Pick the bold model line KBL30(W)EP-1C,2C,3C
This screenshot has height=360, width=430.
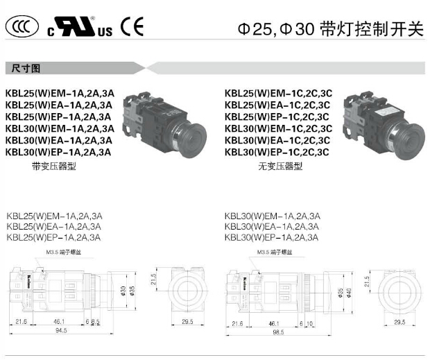coord(280,151)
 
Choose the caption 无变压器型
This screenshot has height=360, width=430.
coord(280,166)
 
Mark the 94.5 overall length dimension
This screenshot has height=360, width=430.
coord(61,331)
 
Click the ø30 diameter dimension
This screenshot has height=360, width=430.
coord(123,289)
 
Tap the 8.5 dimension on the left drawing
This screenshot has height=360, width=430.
coord(95,321)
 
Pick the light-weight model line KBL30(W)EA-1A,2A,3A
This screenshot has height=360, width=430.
coord(272,226)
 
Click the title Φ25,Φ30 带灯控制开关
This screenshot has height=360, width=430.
coord(329,29)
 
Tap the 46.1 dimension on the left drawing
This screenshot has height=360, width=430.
coord(59,321)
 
